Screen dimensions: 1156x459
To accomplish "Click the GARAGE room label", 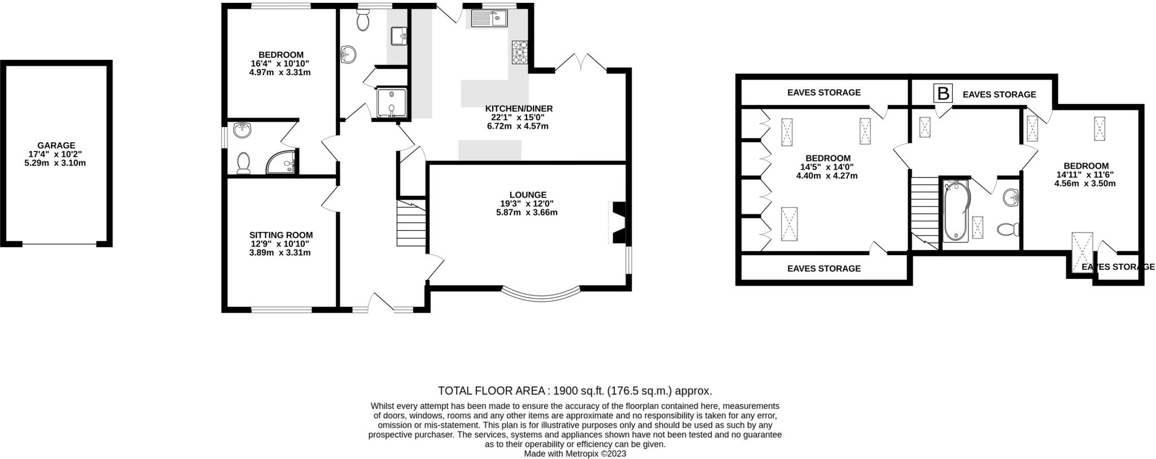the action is tap(56, 145).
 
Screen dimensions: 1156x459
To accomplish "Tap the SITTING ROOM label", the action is tap(281, 235).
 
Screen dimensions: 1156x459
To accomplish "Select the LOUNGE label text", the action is tap(528, 195).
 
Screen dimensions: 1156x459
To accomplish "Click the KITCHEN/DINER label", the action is tap(519, 108).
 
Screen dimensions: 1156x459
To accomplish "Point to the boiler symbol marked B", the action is tap(943, 93).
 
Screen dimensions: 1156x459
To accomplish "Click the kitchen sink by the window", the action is tap(487, 19).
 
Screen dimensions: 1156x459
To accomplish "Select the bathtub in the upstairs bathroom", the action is tap(956, 211).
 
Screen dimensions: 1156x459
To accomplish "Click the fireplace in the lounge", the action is tap(616, 222).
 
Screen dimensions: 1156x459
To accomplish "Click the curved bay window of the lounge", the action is tap(541, 294).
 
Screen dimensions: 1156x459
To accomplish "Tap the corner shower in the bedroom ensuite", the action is tap(282, 162).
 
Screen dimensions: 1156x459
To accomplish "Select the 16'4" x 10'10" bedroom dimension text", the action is tap(281, 64).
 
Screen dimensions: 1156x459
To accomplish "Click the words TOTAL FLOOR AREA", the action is tap(491, 391).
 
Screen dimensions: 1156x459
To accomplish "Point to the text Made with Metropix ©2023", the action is tap(575, 453).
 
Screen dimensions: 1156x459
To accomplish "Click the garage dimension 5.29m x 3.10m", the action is tap(56, 163).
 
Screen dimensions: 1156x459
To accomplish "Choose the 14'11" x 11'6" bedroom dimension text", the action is tap(1085, 174).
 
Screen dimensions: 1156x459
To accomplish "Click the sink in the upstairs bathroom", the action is tap(1011, 198).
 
